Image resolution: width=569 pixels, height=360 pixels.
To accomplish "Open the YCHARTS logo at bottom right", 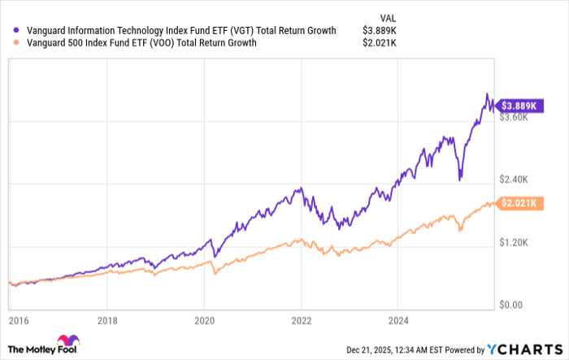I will [x=524, y=347].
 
